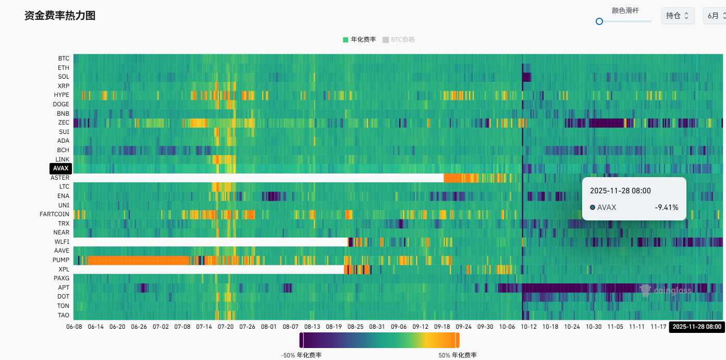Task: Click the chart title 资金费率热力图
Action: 60,16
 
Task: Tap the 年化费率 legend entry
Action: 360,40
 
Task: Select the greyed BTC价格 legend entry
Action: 399,40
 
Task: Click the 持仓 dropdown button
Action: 678,16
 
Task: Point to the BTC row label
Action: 64,58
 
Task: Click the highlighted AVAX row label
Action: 60,168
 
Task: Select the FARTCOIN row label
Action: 54,214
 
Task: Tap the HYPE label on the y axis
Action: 61,95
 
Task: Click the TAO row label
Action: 63,315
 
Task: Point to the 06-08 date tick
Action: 74,327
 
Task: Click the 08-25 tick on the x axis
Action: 355,327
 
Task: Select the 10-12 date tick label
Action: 528,327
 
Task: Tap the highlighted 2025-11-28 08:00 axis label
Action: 697,327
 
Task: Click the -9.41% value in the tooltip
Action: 667,207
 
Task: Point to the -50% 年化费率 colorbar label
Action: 301,355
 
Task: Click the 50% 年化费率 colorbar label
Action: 458,355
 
